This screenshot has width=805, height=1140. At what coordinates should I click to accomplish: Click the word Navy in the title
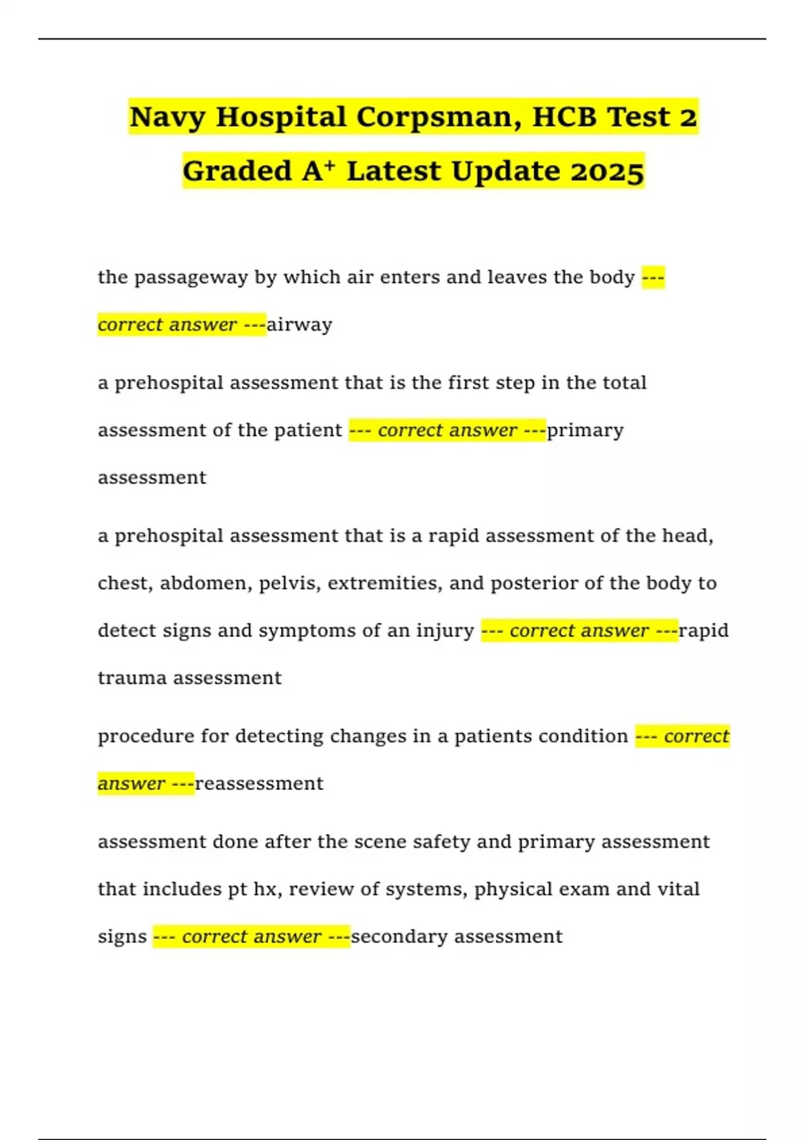tap(167, 117)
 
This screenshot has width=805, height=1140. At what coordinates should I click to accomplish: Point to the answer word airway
tap(299, 325)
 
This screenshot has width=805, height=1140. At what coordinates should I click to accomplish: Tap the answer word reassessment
tap(259, 784)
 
